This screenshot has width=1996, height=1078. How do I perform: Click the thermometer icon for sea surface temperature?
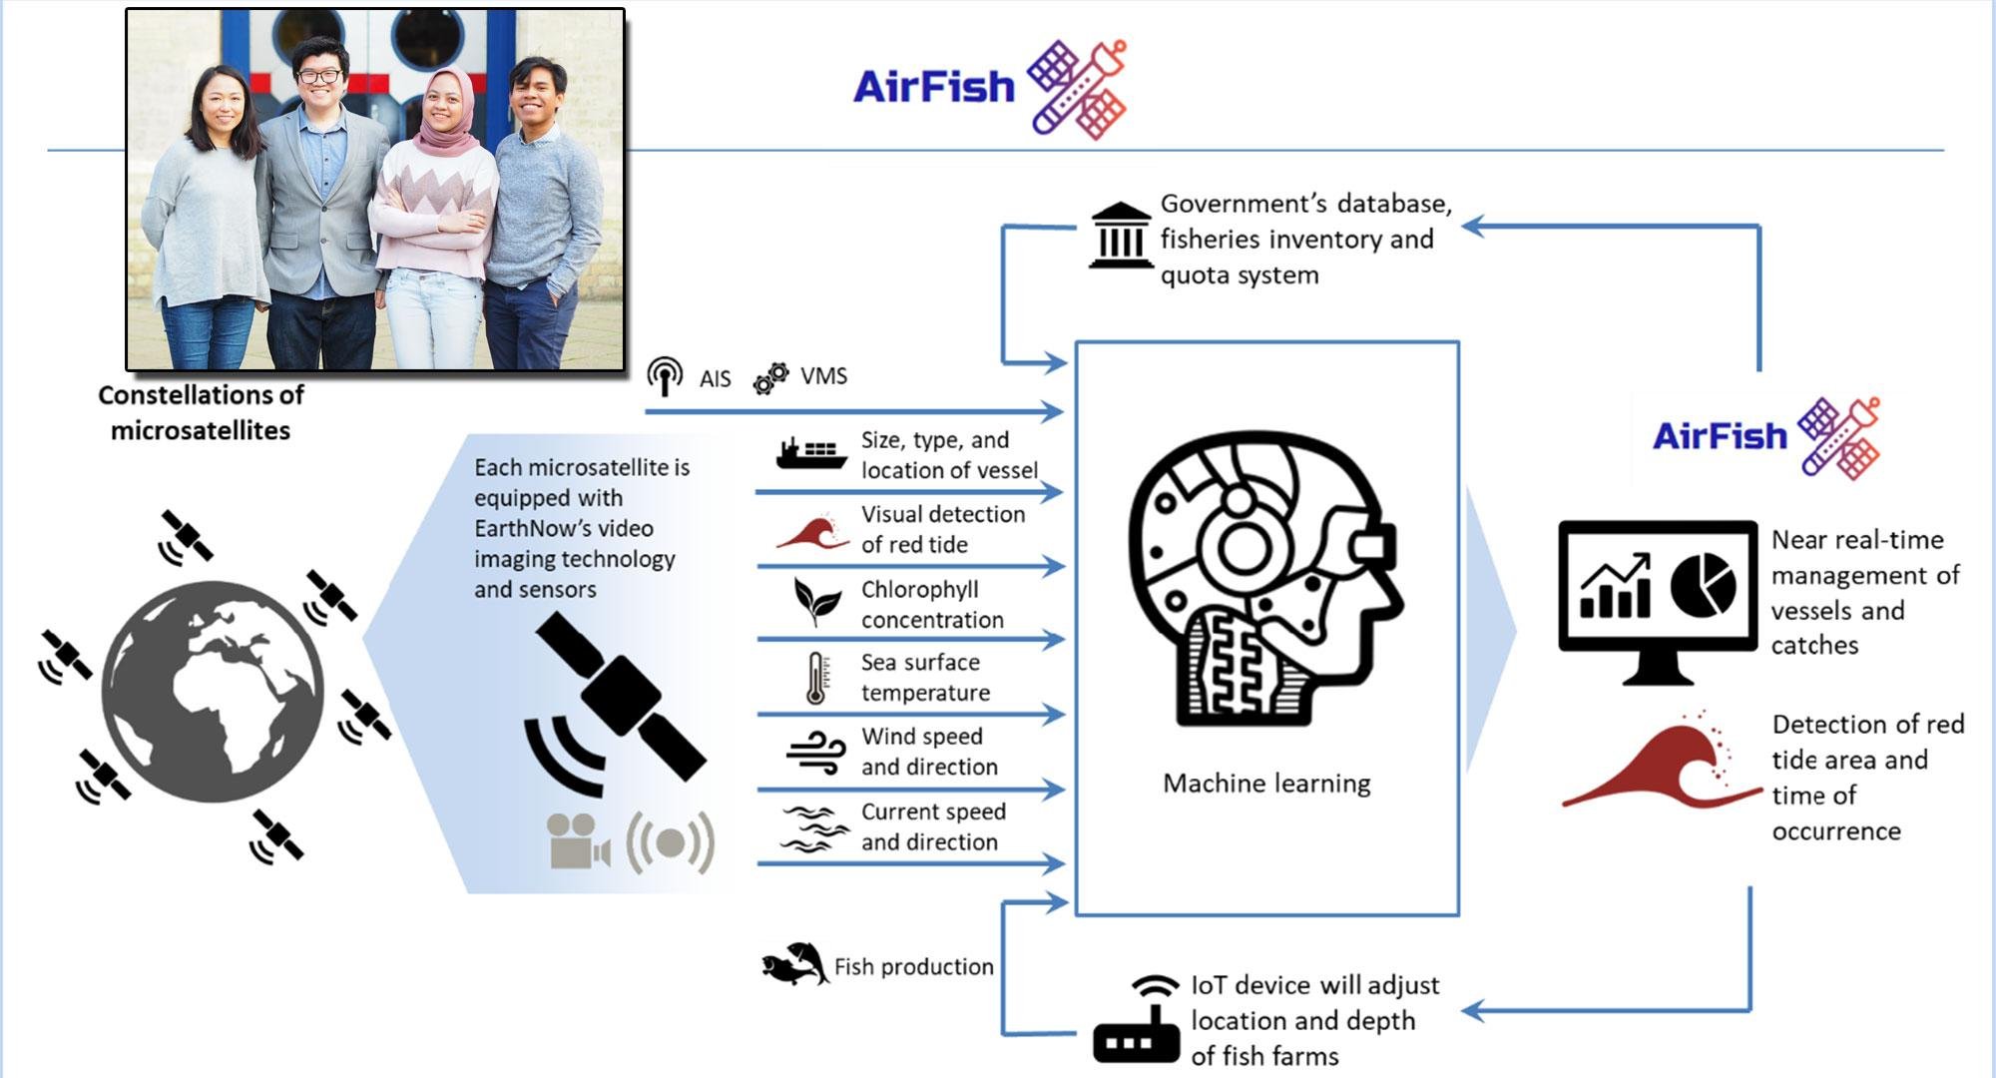[816, 679]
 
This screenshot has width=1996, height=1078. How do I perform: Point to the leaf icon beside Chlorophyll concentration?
[816, 601]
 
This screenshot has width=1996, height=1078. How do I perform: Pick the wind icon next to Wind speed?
[816, 752]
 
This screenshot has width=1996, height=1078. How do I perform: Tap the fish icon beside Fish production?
[794, 964]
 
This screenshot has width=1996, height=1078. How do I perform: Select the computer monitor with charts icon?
[1658, 599]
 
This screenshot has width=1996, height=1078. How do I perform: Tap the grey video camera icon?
[577, 841]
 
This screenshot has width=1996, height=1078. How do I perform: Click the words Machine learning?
[1266, 784]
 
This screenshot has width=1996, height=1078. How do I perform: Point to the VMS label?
[823, 376]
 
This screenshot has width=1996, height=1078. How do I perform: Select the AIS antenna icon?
[665, 376]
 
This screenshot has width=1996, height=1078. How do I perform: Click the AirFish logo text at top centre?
[934, 87]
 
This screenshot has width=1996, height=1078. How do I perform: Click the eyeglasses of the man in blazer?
[319, 76]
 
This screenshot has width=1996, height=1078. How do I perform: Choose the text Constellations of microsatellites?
[201, 412]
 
